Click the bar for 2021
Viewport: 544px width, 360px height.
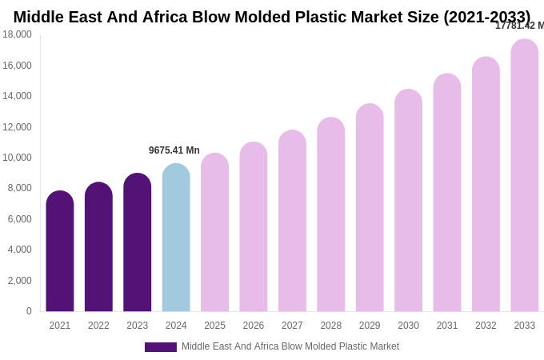[60, 251]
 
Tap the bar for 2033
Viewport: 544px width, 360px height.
[525, 175]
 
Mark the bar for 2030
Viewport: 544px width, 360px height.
[408, 200]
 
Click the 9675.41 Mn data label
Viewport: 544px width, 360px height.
[174, 150]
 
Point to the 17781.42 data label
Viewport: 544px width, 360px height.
[519, 26]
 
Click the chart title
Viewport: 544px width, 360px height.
[272, 17]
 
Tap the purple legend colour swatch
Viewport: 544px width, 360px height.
[160, 347]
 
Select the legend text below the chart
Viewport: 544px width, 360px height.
[290, 346]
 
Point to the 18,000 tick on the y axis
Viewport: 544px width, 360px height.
[17, 34]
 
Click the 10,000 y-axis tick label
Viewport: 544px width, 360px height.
[17, 158]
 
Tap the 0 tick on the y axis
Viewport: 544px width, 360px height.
[29, 311]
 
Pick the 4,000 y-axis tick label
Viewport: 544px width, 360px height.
[19, 250]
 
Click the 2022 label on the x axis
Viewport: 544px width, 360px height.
[98, 326]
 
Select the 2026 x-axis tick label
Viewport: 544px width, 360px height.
[254, 326]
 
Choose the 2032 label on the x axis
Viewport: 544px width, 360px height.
[486, 326]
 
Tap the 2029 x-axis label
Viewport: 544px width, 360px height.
[370, 326]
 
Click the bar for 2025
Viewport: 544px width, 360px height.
[214, 232]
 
